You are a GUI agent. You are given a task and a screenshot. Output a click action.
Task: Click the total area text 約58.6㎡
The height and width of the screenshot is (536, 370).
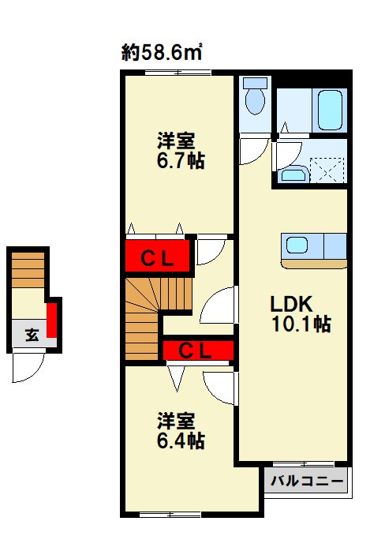(163, 53)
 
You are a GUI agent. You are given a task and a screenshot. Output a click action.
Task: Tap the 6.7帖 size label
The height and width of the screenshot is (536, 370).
(179, 161)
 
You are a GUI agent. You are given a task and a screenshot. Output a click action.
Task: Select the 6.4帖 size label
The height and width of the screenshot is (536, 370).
(179, 441)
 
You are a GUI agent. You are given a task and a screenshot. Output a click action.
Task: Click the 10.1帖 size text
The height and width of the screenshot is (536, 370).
(301, 324)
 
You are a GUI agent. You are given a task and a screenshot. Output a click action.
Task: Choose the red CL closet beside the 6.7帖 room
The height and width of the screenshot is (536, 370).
(158, 257)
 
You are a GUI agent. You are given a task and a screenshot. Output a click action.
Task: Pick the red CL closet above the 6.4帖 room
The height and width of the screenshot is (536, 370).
(196, 350)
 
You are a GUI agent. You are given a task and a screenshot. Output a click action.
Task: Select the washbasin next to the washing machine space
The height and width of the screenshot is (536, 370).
(293, 175)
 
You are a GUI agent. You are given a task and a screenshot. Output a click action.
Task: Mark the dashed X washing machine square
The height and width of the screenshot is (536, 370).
(329, 171)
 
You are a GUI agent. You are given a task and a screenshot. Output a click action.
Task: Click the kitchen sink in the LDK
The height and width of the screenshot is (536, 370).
(297, 246)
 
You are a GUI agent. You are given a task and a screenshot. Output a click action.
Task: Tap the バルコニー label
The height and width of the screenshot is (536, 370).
(307, 480)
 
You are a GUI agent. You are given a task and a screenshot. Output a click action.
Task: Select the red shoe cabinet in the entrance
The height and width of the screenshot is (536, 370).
(52, 319)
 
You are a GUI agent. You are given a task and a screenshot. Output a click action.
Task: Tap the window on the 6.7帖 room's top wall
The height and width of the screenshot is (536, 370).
(178, 73)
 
